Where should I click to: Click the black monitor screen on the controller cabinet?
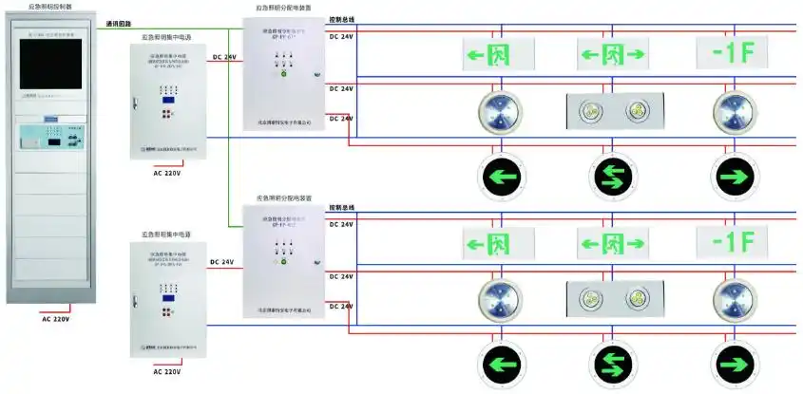tap(50, 74)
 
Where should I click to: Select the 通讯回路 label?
tap(119, 24)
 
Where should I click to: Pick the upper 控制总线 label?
tap(341, 18)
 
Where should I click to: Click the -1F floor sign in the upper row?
tap(732, 53)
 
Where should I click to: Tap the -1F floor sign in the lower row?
tap(732, 241)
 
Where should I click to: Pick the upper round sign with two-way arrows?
tap(613, 177)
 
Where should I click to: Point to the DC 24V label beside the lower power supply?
tap(222, 261)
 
